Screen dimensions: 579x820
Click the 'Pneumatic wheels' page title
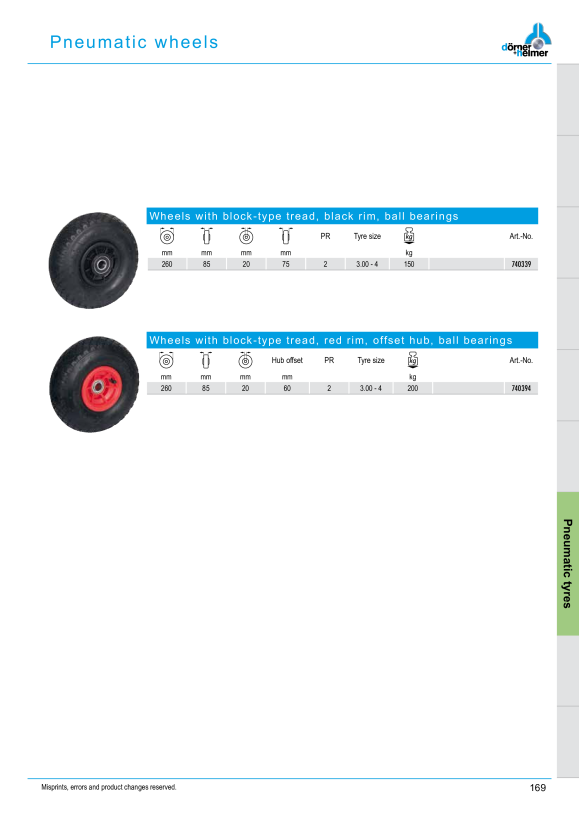click(x=134, y=42)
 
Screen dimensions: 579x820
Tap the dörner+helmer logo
click(x=526, y=41)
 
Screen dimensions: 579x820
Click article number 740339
click(x=521, y=264)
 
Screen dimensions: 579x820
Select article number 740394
click(x=521, y=388)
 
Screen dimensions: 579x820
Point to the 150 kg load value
click(x=409, y=264)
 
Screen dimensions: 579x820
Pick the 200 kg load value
click(x=413, y=388)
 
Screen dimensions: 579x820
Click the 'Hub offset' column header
click(x=287, y=360)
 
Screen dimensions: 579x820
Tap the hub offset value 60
click(x=287, y=388)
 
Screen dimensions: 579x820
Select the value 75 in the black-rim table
click(x=286, y=264)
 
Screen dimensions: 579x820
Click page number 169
click(x=538, y=788)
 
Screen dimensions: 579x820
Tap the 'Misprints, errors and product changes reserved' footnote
click(x=109, y=787)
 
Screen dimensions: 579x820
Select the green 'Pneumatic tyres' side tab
click(x=568, y=564)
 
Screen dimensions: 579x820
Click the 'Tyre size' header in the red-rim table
click(x=371, y=360)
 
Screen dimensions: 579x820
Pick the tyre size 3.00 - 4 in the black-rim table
click(x=367, y=264)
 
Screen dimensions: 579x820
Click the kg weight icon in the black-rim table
click(x=409, y=236)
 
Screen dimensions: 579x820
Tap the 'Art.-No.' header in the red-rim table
click(x=521, y=360)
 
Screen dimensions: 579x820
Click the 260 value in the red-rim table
click(x=166, y=388)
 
